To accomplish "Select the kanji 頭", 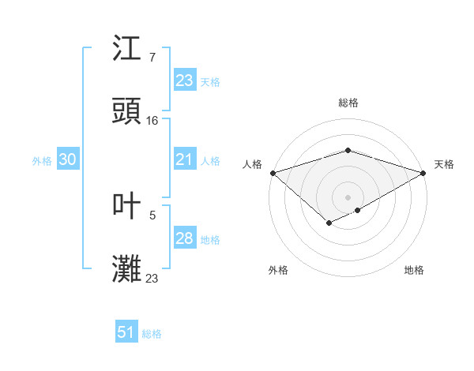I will pos(127,111).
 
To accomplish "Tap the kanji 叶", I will pos(127,206).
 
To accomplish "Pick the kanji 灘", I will pos(127,269).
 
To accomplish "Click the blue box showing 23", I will pos(184,81).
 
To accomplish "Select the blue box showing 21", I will pos(184,159).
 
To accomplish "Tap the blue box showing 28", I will pos(184,238).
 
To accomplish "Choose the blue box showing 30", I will pos(68,159).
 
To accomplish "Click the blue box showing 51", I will pos(126,333).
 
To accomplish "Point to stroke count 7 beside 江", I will pos(152,58).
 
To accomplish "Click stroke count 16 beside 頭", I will pos(152,121).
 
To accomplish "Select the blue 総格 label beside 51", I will pos(152,334).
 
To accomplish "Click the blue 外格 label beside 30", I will pos(42,160).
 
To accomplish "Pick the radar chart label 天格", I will pos(444,164).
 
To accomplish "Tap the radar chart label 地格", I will pos(414,270).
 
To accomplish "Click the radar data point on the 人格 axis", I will pos(273,172).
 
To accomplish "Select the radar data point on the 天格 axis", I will pos(423,172).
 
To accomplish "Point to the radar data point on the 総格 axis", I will pos(348,150).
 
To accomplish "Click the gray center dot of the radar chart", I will pos(348,197).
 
